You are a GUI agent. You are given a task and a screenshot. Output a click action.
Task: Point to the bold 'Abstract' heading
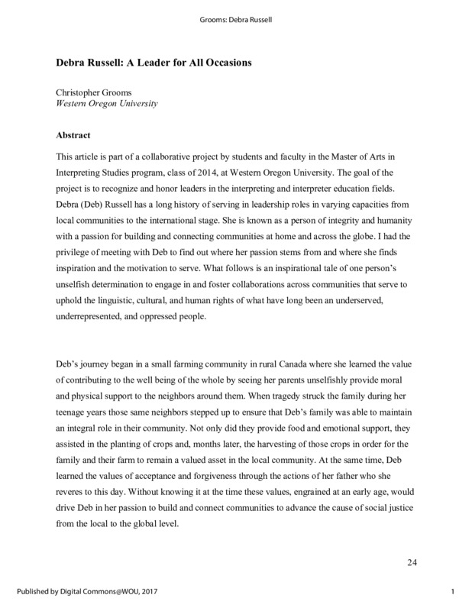point(76,134)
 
